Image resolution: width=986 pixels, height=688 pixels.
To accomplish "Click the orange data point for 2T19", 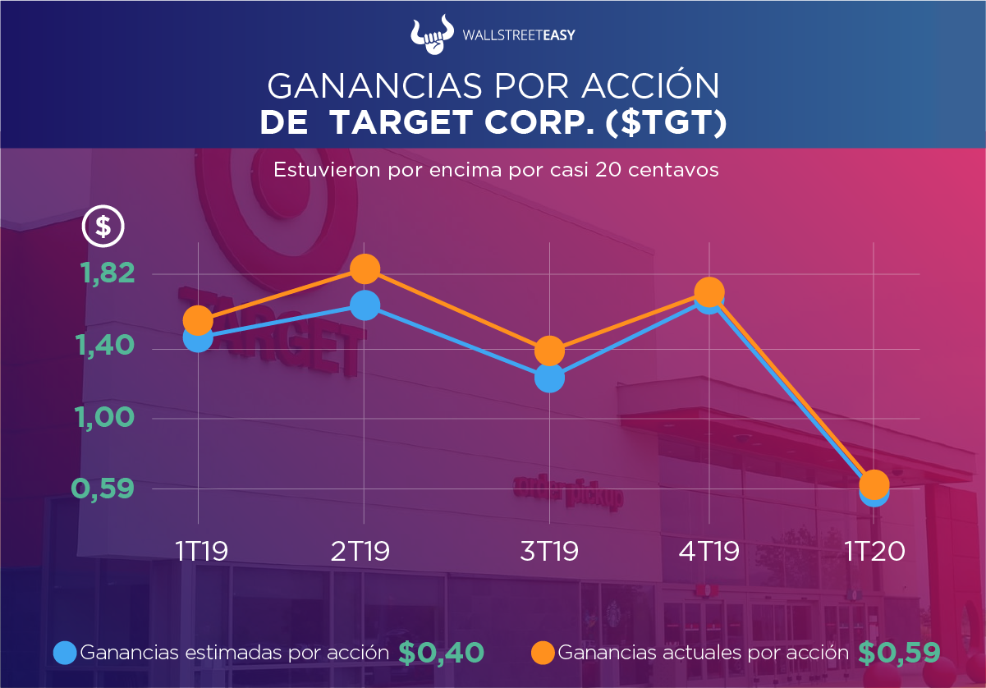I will point(365,268).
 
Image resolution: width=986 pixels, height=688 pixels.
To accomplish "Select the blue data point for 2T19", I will point(365,305).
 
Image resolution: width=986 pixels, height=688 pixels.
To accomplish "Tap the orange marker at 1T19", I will point(198,320).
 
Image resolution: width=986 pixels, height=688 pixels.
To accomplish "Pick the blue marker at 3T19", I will point(549,378).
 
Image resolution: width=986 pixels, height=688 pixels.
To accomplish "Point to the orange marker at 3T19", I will point(549,351).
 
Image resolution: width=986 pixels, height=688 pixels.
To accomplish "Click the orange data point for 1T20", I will point(874,483).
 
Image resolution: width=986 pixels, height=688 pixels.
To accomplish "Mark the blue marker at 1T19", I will point(198,337).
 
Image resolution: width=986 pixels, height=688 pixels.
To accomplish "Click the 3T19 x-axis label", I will point(548,551).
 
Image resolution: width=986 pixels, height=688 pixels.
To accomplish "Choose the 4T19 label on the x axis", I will point(709,551).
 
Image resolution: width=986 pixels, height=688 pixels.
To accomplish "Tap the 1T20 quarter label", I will point(874,551).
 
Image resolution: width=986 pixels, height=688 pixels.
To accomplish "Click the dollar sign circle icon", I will point(103,226).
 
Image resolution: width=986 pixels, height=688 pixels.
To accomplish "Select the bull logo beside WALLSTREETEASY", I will point(433,34).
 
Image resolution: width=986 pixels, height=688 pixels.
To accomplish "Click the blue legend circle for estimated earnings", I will point(65,653).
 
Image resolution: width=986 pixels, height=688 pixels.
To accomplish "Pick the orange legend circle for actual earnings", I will point(543,653).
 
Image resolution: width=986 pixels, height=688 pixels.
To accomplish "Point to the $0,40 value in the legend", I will point(441,652).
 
